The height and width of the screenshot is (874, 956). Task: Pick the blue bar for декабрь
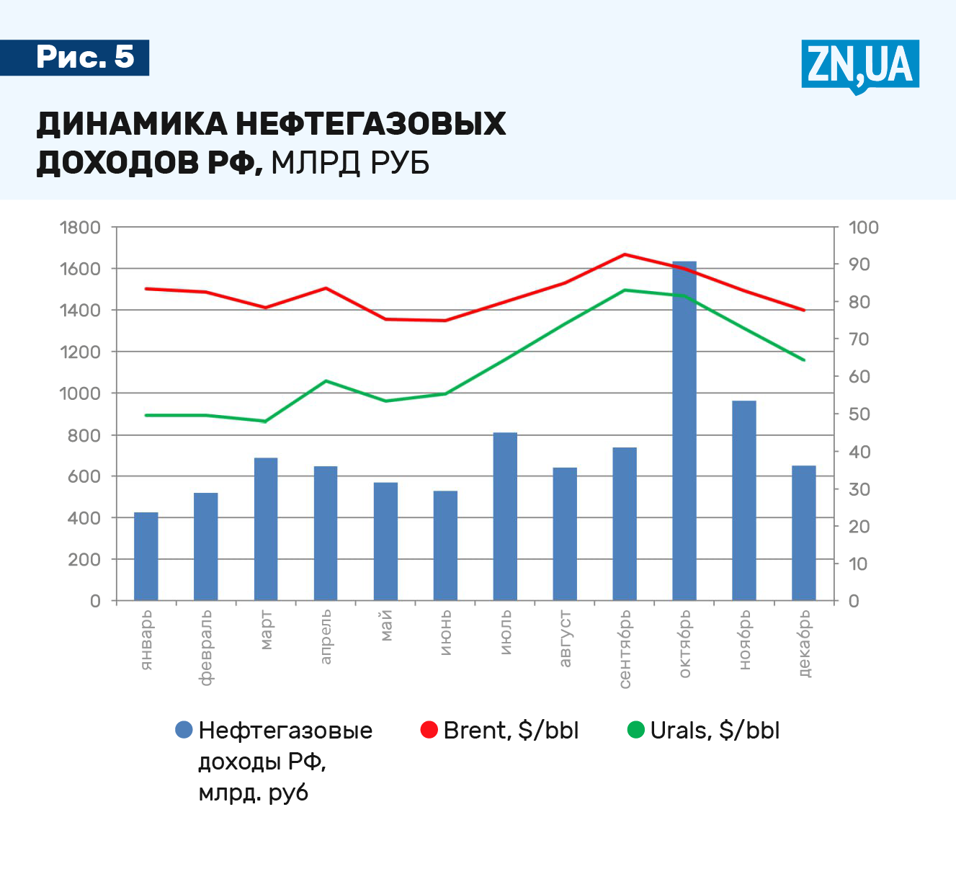804,533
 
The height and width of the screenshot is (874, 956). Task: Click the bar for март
266,529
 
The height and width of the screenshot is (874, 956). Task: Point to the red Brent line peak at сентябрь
625,254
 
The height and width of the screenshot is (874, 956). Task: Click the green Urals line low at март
266,421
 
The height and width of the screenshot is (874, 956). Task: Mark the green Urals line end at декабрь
804,360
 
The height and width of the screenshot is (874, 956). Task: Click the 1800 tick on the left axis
80,228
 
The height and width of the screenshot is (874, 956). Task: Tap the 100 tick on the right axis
864,228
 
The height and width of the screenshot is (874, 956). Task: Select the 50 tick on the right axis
859,414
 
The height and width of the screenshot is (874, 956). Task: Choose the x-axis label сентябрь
625,649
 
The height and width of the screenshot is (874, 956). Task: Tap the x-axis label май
385,625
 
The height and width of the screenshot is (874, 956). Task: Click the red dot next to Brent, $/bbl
429,730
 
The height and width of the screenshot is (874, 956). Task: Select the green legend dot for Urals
636,730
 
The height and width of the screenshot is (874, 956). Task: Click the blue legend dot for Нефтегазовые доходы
184,730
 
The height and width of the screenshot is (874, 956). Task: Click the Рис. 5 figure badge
85,57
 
